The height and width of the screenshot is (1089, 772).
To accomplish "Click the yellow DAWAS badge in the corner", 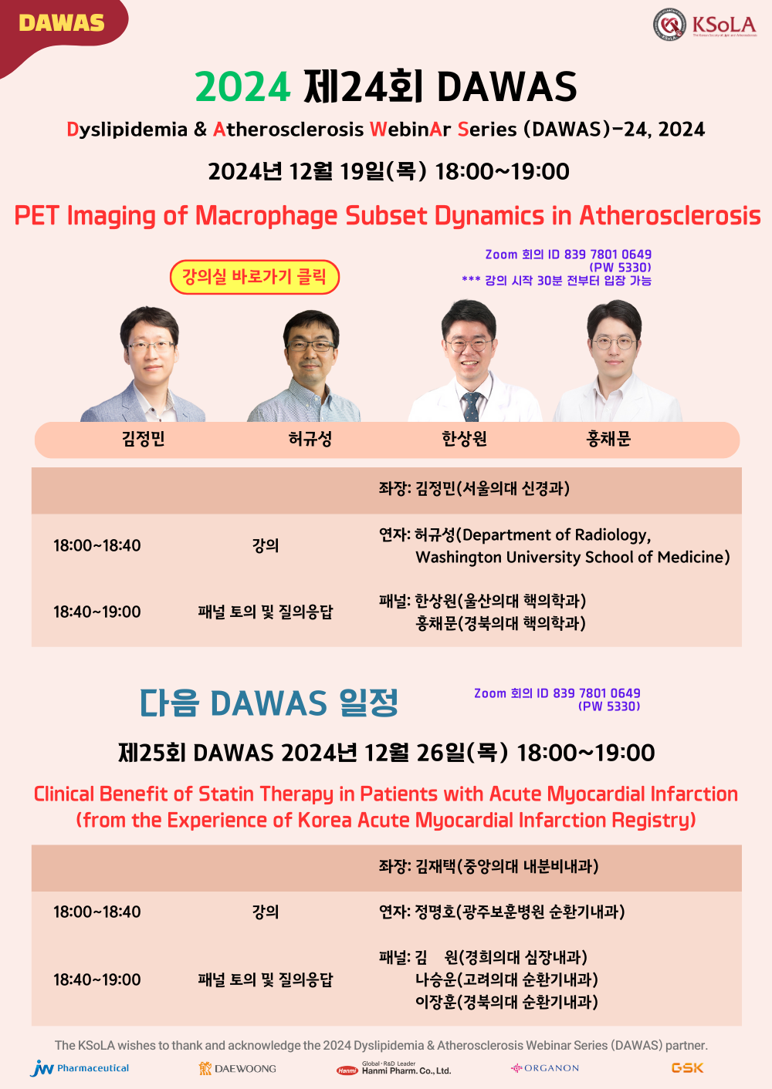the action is coord(61,23).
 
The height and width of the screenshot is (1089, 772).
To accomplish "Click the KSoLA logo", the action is coord(704,25).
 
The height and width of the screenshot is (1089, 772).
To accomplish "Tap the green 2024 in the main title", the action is coord(242,86).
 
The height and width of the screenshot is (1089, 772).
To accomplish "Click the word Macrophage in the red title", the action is coord(266,215).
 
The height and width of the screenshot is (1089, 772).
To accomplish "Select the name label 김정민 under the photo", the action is coord(143,439).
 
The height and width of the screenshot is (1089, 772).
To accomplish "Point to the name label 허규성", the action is coord(310,439).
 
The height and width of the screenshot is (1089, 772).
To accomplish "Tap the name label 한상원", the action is coord(464,439).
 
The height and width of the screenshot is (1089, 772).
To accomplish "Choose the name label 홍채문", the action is coord(608,439).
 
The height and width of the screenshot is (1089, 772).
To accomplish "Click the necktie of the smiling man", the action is coord(471,406).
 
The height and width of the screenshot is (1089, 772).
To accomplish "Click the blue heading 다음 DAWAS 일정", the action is coord(269,703).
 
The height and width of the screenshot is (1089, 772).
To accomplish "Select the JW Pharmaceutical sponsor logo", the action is coord(80,1068).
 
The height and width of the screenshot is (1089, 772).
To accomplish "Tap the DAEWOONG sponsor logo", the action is coord(238,1069).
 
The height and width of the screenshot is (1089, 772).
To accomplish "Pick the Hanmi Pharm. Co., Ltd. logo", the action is coord(394,1068).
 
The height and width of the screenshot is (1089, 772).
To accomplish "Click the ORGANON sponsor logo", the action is coord(545,1068).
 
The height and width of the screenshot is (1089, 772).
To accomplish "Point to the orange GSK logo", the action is coord(687,1067).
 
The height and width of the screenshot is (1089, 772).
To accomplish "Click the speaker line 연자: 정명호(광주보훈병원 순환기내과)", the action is coord(502,912).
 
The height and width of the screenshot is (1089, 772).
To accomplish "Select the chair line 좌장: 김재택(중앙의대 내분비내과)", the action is coord(489,866).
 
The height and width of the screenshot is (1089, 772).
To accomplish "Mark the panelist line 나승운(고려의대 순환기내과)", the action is coord(506,979).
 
